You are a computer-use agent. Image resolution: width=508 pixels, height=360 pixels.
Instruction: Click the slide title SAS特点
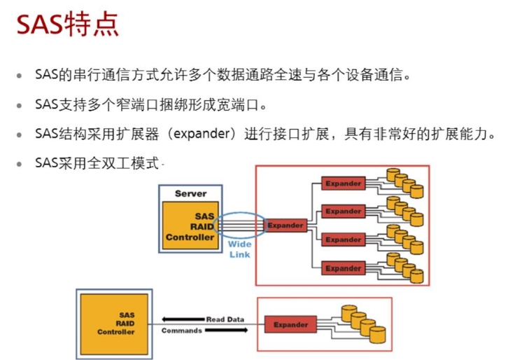67,25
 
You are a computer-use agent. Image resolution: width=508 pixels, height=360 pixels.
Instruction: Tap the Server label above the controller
190,193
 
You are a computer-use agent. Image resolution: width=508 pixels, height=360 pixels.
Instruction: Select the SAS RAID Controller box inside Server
190,226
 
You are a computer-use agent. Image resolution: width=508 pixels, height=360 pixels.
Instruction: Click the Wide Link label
239,249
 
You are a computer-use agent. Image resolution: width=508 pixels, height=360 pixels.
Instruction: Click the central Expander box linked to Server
285,226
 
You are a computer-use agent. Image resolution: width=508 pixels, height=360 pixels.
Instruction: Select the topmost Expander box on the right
343,184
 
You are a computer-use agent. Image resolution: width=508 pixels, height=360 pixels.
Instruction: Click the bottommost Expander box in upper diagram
343,268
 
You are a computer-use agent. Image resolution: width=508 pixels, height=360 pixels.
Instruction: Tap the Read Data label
225,319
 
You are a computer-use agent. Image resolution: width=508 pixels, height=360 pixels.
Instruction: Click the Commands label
181,331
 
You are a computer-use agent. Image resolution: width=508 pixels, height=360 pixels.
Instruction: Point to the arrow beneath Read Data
204,324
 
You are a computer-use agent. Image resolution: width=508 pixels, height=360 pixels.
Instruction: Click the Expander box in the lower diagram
290,325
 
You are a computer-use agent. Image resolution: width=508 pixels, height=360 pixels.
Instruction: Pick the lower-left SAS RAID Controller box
116,323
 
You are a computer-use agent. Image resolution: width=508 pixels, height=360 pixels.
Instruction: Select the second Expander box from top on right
343,211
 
